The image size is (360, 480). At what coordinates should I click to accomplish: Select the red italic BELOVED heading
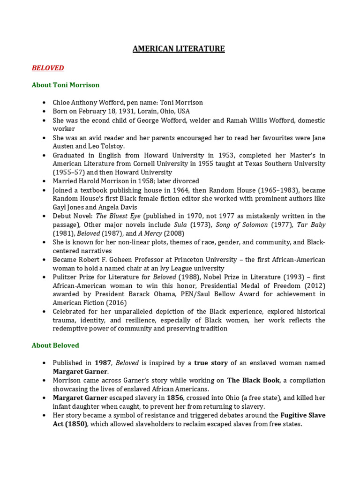(48, 68)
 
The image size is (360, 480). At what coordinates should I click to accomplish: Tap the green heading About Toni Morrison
(66, 85)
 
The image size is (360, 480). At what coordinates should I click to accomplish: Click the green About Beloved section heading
(55, 345)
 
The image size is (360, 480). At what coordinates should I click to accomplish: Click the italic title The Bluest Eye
(118, 216)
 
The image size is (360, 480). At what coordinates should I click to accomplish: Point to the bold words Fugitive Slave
(303, 415)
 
